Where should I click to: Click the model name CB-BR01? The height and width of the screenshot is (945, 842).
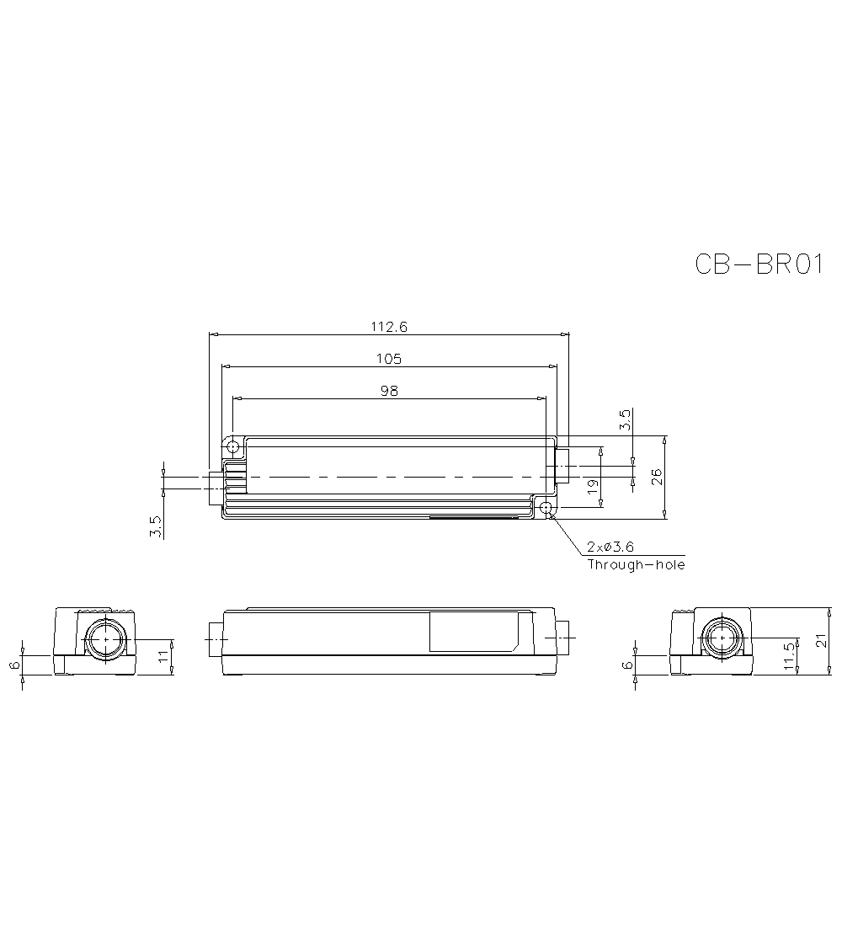[759, 264]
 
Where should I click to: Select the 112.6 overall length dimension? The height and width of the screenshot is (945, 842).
[389, 327]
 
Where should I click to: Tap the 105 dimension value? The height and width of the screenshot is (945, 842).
[389, 359]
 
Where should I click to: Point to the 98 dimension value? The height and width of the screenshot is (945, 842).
[389, 390]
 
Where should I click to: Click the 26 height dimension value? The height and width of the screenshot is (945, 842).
[657, 477]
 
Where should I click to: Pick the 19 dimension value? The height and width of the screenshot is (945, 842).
[592, 485]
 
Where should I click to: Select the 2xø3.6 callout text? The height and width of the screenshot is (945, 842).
[610, 547]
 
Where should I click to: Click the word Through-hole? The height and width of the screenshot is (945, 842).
[636, 564]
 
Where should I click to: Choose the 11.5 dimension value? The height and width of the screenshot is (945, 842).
[788, 656]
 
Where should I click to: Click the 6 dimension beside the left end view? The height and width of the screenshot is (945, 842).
[14, 665]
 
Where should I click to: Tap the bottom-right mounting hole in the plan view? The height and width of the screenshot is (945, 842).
[546, 508]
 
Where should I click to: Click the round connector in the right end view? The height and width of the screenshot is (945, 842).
[722, 640]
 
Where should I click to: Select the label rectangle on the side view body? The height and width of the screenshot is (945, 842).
[473, 632]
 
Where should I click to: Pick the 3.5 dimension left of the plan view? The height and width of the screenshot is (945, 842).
[155, 527]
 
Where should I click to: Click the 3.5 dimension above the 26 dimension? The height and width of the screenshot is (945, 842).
[624, 420]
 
